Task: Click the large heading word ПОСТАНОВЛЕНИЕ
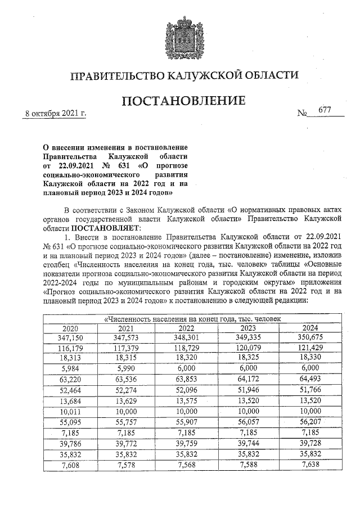[x=184, y=101]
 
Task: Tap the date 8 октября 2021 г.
[x=55, y=114]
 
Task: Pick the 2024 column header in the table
[x=310, y=328]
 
